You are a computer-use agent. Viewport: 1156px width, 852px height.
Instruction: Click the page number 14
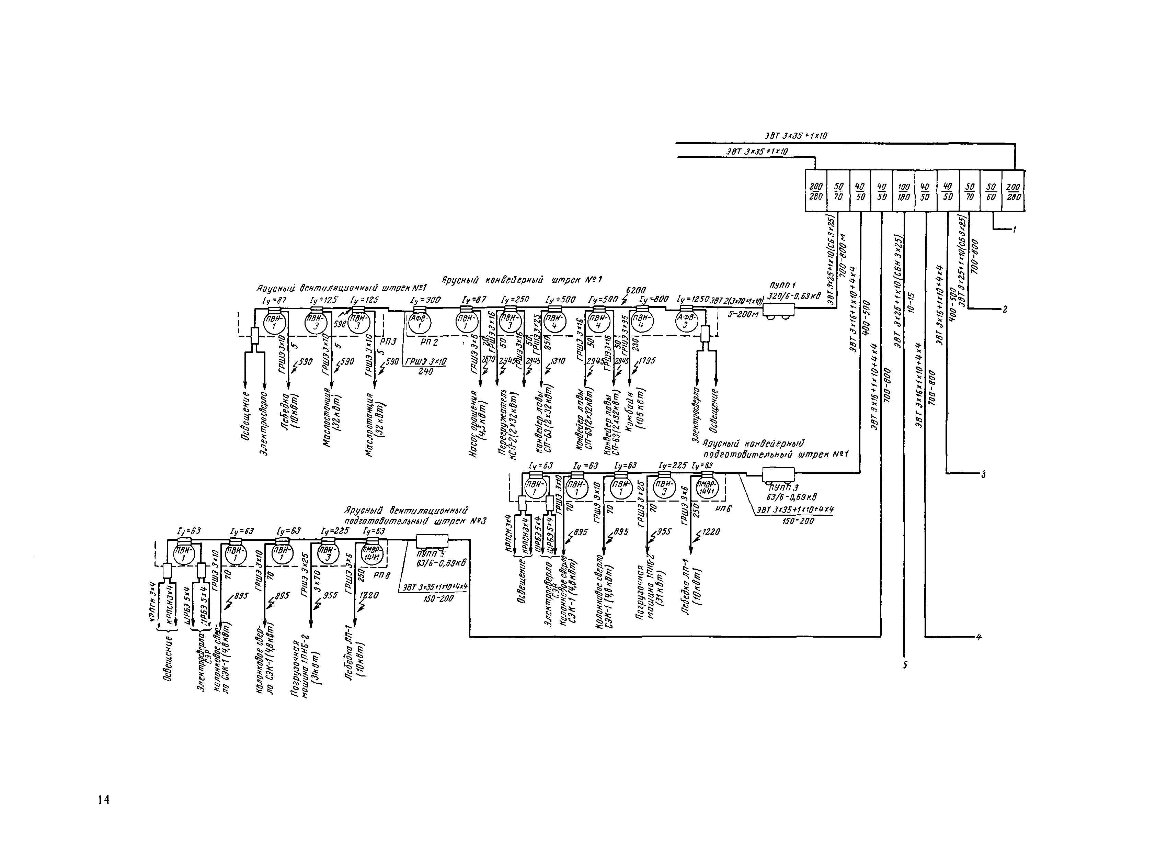point(103,800)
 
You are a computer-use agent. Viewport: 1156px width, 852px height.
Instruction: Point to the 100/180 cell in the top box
point(903,191)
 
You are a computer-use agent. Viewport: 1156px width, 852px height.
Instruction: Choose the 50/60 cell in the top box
point(990,191)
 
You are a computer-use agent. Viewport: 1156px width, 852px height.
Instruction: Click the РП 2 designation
point(428,342)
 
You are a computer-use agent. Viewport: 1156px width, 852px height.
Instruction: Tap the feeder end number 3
point(983,473)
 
